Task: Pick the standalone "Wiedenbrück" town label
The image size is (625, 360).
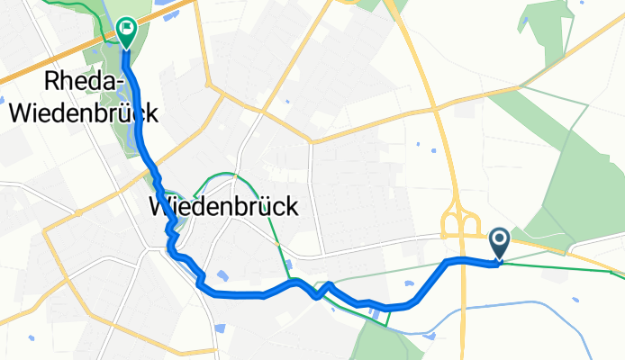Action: coord(222,207)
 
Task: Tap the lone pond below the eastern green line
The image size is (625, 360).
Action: coord(570,292)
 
